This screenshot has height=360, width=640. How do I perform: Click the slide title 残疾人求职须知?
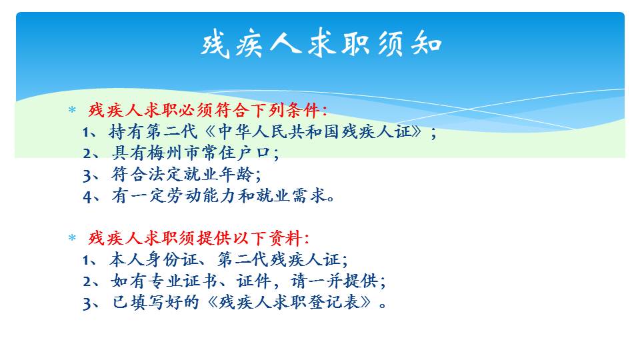pyautogui.click(x=321, y=43)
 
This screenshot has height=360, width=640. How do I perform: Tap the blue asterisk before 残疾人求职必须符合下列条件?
pyautogui.click(x=72, y=110)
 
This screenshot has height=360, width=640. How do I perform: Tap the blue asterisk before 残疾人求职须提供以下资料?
pyautogui.click(x=72, y=237)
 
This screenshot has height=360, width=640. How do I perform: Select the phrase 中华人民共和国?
pyautogui.click(x=279, y=131)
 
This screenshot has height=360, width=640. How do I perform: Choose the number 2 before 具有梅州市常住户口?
pyautogui.click(x=87, y=154)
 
